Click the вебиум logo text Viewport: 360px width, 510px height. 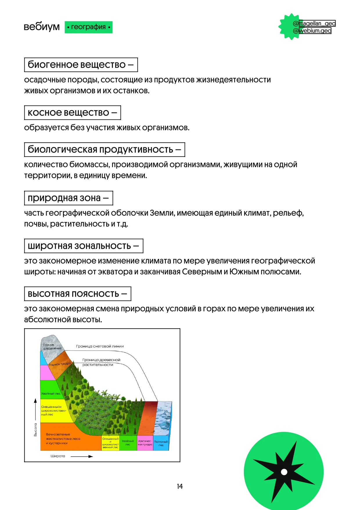[x=42, y=27]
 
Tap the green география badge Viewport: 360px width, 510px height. [x=88, y=27]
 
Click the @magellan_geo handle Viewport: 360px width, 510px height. [x=314, y=24]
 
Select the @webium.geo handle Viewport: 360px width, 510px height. [x=312, y=31]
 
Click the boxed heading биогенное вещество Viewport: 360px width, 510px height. [x=81, y=65]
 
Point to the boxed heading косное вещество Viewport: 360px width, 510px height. [x=72, y=112]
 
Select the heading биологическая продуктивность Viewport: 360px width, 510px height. [x=105, y=149]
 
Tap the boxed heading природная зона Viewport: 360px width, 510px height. [x=68, y=198]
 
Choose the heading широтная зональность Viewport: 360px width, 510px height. [x=84, y=246]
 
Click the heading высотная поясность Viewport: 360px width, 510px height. [x=78, y=294]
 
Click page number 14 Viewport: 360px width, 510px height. [x=180, y=486]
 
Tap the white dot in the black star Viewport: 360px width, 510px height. [x=284, y=472]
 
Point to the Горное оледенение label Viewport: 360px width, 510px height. [x=52, y=346]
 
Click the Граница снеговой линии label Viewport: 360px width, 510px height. [x=100, y=346]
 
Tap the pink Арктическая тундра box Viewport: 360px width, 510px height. [x=145, y=443]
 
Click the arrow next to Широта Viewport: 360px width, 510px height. [x=82, y=457]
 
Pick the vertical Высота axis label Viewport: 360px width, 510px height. [x=35, y=430]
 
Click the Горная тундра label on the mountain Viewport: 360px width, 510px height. [x=60, y=364]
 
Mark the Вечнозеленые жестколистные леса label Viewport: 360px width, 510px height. [x=63, y=439]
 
